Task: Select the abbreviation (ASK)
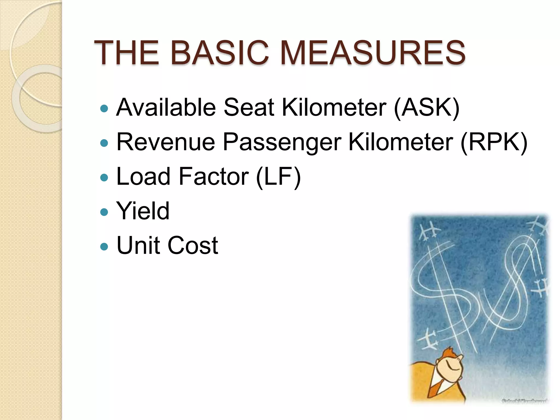pos(427,107)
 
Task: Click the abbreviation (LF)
pos(278,176)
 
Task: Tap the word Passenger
pos(282,142)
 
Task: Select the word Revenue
pos(166,142)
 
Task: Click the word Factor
pos(214,176)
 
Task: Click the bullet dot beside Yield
pos(104,212)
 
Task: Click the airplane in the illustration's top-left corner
pos(430,230)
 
